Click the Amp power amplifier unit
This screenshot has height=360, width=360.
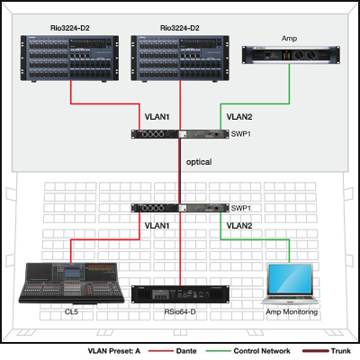[291, 55]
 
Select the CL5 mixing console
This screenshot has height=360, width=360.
[71, 283]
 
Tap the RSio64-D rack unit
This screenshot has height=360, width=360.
[180, 294]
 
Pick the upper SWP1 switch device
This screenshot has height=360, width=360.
[180, 134]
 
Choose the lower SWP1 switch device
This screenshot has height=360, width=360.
[180, 208]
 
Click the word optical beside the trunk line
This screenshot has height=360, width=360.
[199, 162]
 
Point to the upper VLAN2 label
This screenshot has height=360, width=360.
[239, 117]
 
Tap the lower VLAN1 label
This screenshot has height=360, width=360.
[157, 226]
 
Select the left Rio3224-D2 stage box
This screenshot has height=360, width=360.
[69, 58]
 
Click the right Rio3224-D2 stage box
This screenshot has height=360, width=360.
[180, 58]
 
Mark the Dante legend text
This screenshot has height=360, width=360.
[186, 351]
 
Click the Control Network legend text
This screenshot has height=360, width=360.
[262, 351]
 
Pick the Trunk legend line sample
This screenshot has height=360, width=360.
[316, 351]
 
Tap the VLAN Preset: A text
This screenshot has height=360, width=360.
[114, 351]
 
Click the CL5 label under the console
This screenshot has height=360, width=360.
[71, 312]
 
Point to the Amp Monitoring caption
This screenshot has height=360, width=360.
[292, 312]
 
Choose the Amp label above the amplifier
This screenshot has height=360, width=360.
[289, 39]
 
